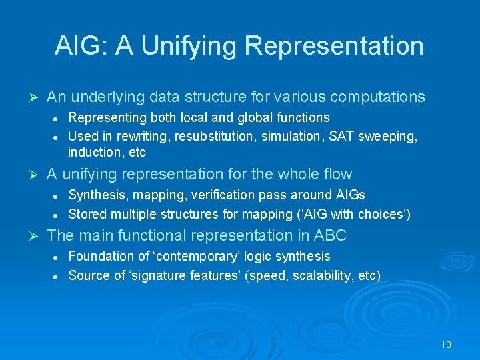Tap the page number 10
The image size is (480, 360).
coord(446,345)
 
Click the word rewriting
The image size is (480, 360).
coord(141,135)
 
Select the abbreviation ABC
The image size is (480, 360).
coord(330,236)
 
